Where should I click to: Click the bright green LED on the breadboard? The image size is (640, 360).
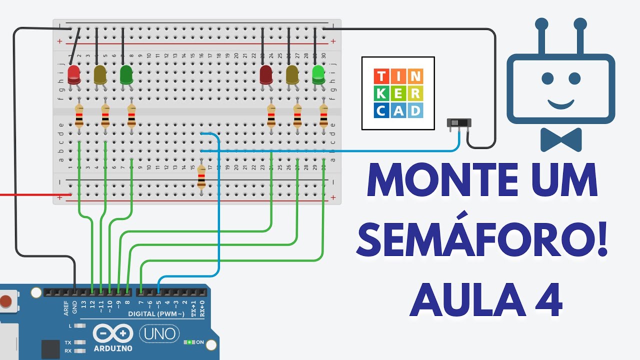tap(318, 75)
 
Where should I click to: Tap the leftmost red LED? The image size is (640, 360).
tap(74, 75)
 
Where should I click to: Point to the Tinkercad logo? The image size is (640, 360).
tap(398, 93)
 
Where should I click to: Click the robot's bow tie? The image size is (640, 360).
tap(561, 139)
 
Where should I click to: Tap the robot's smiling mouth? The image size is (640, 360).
tap(560, 103)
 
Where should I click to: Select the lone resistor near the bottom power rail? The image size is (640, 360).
tap(201, 177)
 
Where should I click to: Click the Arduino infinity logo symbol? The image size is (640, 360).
tap(113, 333)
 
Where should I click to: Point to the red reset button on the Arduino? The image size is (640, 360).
tap(5, 301)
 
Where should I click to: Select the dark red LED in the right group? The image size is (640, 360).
tap(266, 75)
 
